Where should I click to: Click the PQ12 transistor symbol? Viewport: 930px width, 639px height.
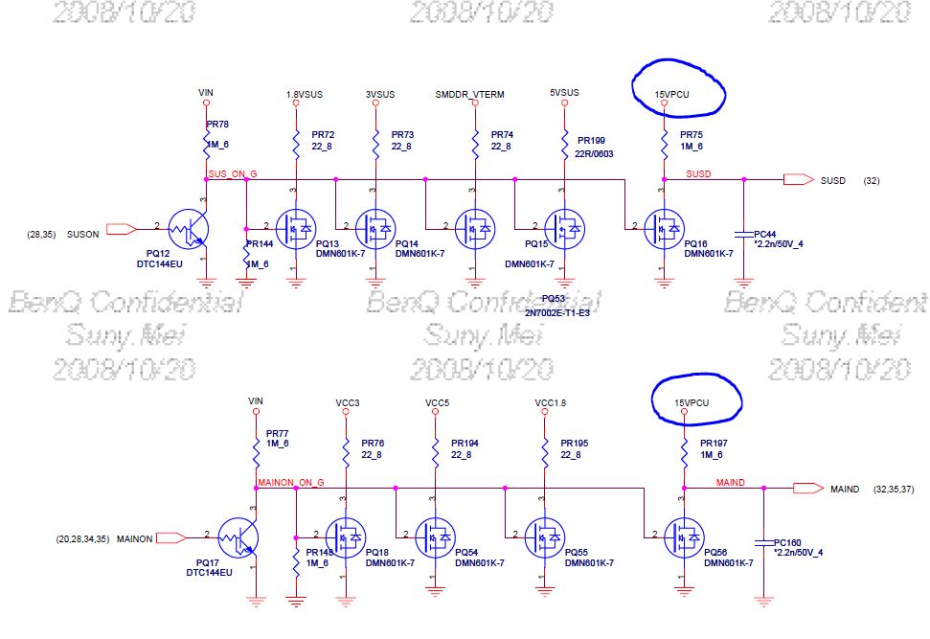pos(186,229)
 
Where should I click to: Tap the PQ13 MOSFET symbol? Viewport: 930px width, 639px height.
pos(295,229)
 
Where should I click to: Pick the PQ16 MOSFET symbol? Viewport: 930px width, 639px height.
pos(663,229)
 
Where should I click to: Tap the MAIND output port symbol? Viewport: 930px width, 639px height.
pos(806,488)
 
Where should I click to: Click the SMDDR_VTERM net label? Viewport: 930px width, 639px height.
pos(469,94)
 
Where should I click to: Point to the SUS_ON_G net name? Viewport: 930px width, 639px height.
pos(232,173)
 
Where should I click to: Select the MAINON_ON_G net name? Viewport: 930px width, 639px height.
pos(292,481)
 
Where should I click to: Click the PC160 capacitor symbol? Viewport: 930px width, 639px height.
pos(763,543)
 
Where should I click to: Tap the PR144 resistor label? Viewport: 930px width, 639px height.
pos(260,244)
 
